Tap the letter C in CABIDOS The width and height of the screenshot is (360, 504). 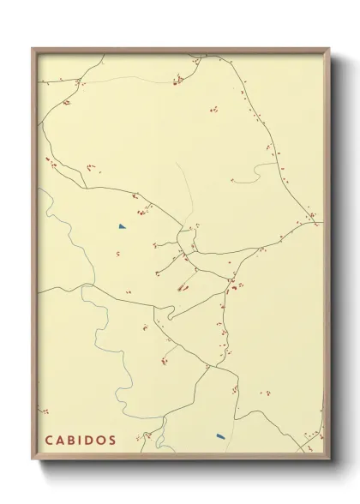(48, 440)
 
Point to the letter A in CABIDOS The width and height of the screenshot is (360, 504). (59, 440)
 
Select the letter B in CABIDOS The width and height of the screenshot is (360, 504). (70, 440)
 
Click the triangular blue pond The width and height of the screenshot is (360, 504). (123, 226)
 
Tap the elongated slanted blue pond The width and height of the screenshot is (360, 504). (220, 435)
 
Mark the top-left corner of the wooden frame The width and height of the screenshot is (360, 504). (33, 49)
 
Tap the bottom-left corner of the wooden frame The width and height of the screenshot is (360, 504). (33, 459)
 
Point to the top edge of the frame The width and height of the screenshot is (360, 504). (180, 50)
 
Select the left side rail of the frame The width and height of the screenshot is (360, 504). (33, 257)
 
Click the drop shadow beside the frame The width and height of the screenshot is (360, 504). (336, 257)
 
